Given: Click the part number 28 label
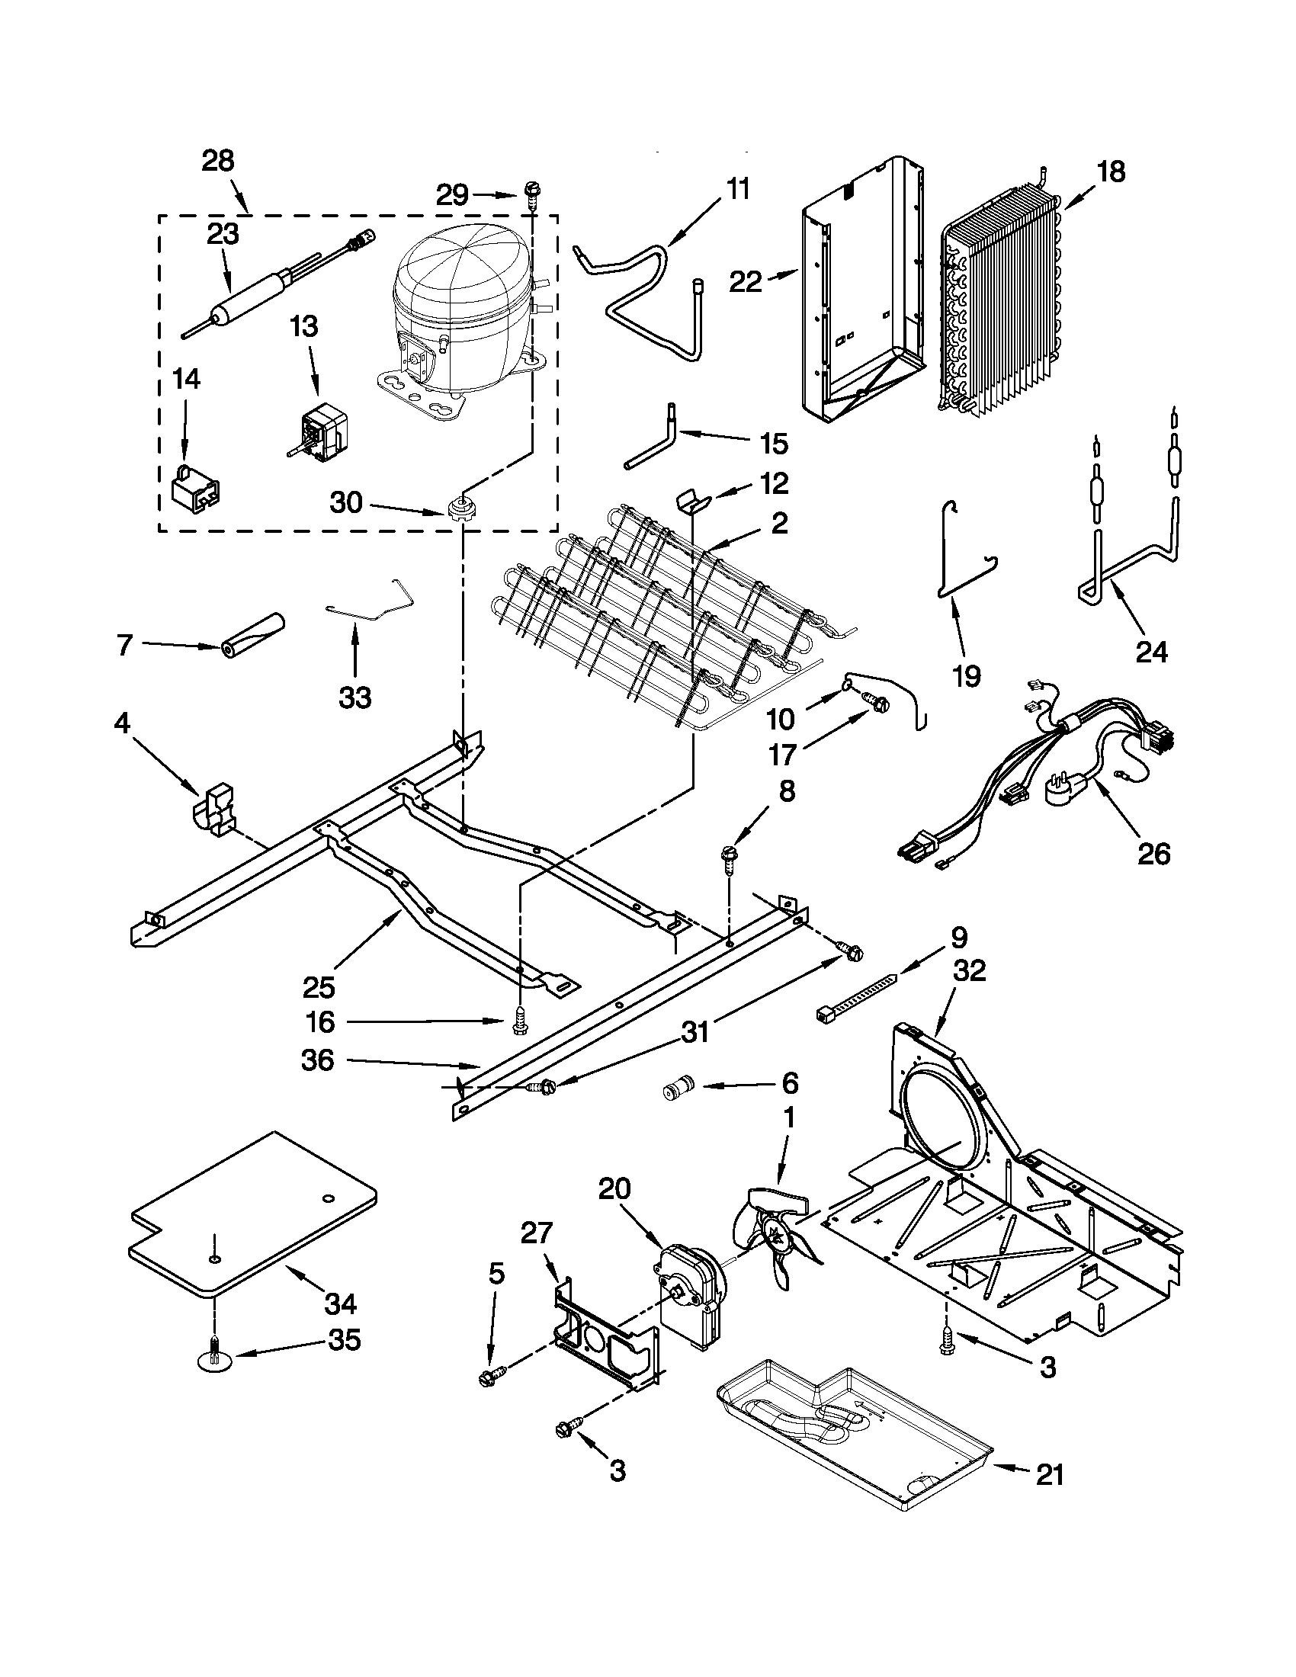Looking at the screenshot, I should coord(217,162).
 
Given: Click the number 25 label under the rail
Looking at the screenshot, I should coord(319,986).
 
